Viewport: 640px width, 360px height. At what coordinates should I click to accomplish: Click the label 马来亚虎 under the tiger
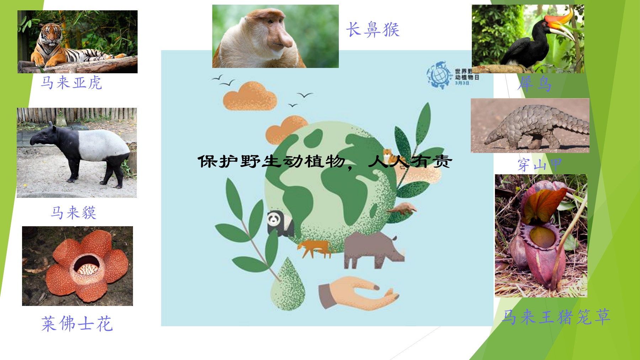tap(71, 83)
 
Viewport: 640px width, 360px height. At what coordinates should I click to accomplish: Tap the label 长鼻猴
tap(373, 30)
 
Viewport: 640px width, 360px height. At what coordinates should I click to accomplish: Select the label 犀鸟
tap(534, 84)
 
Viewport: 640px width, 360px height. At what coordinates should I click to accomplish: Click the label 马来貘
tap(74, 213)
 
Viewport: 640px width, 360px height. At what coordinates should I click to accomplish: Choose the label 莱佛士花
tap(77, 324)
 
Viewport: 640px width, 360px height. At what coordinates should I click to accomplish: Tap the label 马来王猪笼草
tap(556, 317)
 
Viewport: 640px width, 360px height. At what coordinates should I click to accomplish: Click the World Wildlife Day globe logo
tap(439, 75)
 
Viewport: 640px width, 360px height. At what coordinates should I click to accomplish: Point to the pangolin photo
tap(530, 126)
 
